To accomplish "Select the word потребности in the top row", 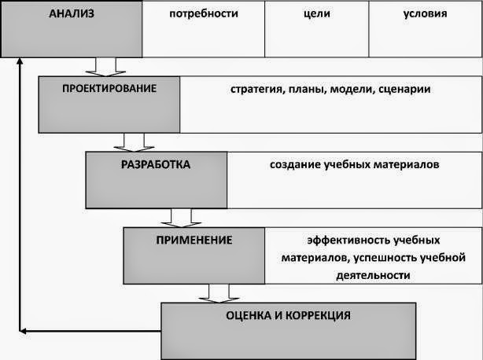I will [x=203, y=13].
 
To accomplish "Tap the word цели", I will [x=315, y=13].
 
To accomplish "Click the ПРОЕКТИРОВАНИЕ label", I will [x=110, y=88].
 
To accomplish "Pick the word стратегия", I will [x=256, y=90].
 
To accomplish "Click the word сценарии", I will [x=404, y=90].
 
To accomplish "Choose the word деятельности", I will [x=373, y=275].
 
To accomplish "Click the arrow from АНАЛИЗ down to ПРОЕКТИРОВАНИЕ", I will [x=105, y=66].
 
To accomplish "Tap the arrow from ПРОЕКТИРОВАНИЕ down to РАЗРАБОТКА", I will [x=133, y=141].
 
